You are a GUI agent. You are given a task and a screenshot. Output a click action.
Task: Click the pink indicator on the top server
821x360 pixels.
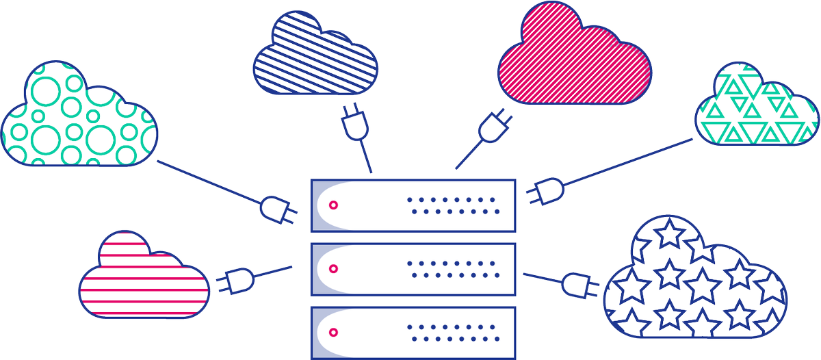[x=333, y=204]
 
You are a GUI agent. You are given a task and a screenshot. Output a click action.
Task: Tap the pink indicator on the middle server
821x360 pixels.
[x=333, y=268]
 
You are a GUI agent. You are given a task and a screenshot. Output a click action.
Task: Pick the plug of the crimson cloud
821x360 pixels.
[x=493, y=126]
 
